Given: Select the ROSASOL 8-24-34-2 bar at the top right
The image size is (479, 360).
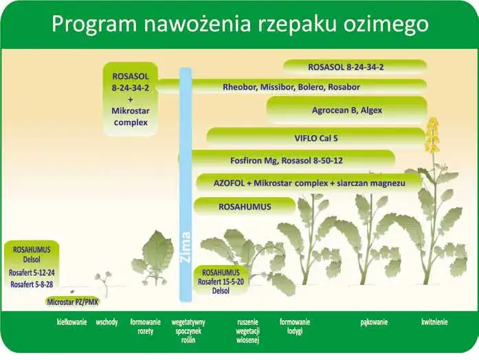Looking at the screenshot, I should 355,66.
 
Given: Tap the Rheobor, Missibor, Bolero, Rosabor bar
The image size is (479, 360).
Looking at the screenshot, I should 291,87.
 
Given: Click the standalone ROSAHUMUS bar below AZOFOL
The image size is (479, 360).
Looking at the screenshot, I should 245,206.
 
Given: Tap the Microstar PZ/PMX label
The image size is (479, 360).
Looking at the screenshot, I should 71,301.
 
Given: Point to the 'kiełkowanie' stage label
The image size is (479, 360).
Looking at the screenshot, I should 71,322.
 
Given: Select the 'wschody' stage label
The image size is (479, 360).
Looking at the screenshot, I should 107,322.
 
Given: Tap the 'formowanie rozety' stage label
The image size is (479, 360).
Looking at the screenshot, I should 145,326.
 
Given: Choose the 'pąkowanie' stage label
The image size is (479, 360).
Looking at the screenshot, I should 375,322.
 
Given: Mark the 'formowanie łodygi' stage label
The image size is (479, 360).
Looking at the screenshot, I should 295,326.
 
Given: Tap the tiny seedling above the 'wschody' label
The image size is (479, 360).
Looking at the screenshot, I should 104,282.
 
